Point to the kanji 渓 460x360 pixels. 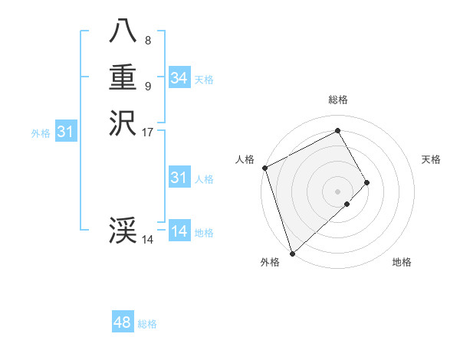(x=123, y=231)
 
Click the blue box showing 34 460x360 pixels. (x=179, y=78)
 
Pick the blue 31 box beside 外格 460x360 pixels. (x=65, y=133)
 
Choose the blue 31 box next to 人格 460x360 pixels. (x=179, y=178)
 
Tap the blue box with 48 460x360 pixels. (x=122, y=322)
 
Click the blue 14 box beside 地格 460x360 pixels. (x=179, y=232)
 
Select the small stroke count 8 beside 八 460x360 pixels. (x=148, y=41)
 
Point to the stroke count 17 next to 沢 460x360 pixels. (x=148, y=132)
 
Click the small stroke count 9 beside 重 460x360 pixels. (x=148, y=86)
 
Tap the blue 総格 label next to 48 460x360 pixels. (x=147, y=324)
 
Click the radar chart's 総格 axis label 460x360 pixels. (x=337, y=100)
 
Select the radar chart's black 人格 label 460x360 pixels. (x=245, y=159)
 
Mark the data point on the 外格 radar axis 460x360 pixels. (x=291, y=252)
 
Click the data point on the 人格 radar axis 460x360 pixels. (x=264, y=168)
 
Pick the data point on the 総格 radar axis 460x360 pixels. (x=337, y=130)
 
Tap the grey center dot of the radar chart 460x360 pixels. (x=337, y=191)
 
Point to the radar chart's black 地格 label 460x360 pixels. (x=402, y=262)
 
